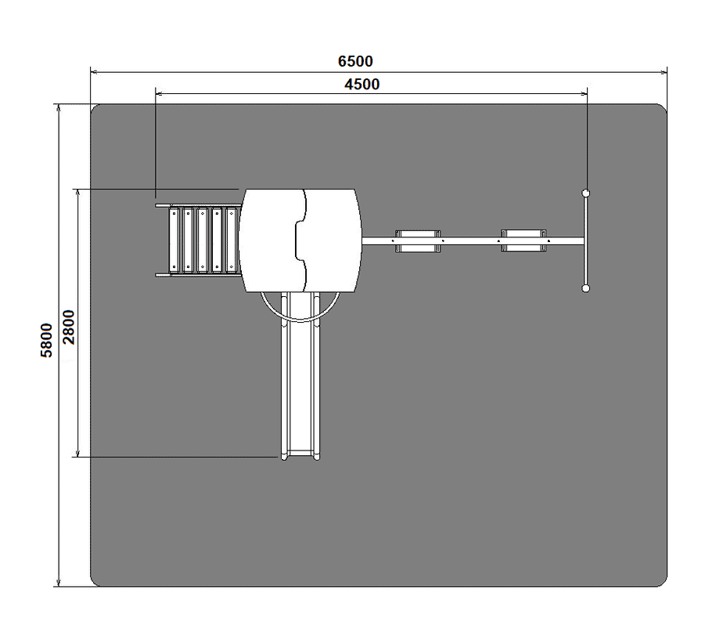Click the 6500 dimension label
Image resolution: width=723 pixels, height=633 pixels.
(355, 61)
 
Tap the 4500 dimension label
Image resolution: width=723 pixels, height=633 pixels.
(362, 84)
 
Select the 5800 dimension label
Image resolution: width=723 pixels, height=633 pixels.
(47, 340)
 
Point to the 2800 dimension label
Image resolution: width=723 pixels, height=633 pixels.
(69, 327)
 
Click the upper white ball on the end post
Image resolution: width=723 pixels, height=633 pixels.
(585, 193)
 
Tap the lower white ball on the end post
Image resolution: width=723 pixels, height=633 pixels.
(585, 288)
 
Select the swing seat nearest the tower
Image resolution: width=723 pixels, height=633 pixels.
(418, 241)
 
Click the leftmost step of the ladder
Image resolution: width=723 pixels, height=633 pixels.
(174, 240)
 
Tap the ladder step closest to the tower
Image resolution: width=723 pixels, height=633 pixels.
(232, 240)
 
